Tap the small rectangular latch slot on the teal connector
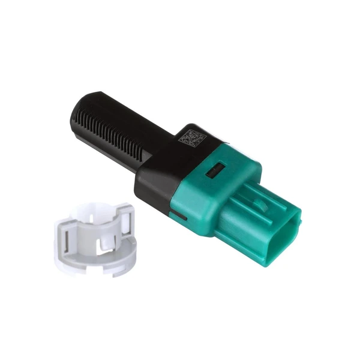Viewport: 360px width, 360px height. tap(214, 172)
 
